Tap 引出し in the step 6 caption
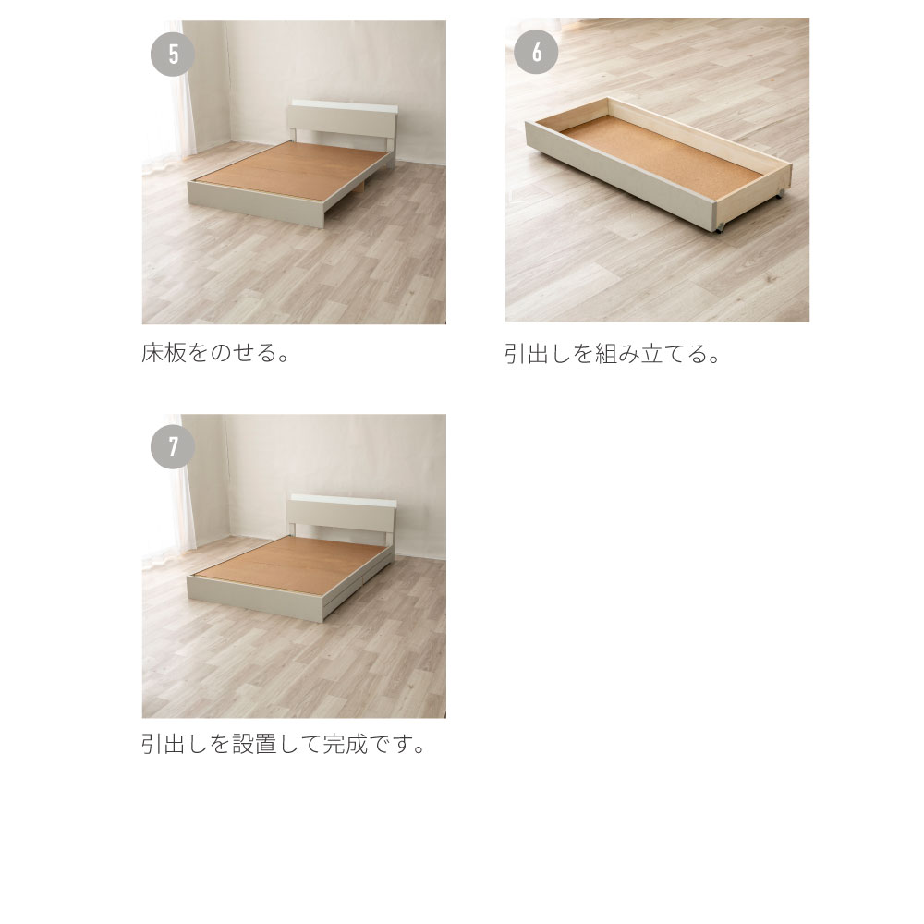pyautogui.click(x=541, y=354)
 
